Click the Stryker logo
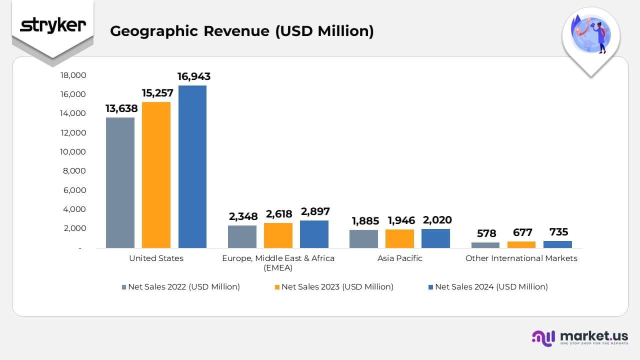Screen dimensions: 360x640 pos(52,25)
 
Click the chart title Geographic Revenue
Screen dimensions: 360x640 pos(241,31)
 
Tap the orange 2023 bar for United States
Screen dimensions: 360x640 pos(156,174)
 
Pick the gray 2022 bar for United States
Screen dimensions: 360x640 pos(120,182)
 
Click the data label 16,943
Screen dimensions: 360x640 pos(194,76)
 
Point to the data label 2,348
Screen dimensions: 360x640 pos(243,216)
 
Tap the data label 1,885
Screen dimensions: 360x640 pos(364,221)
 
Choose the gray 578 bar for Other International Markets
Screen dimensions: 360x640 pos(485,245)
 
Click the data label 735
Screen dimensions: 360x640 pos(558,232)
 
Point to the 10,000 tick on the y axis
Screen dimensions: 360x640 pos(73,151)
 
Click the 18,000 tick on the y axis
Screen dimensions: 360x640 pos(73,75)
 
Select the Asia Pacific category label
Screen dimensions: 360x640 pos(399,258)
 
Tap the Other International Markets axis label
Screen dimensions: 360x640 pos(521,258)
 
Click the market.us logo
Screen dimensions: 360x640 pos(579,337)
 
